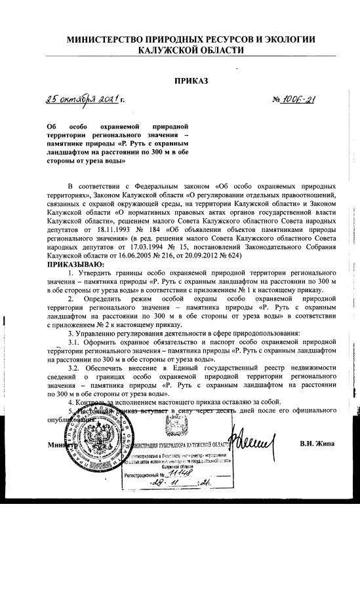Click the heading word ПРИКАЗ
pos(191,81)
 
